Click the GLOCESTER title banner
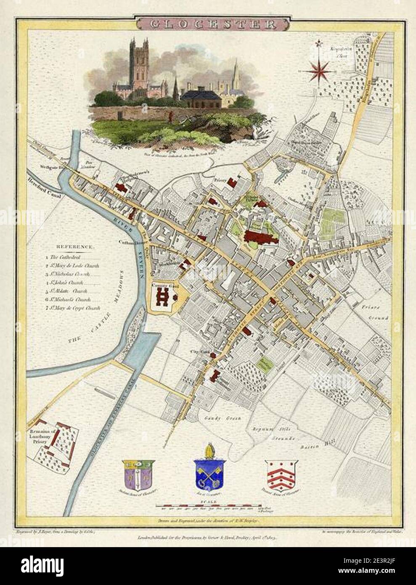click(x=208, y=24)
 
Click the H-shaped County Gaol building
click(x=162, y=298)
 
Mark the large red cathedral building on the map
click(x=260, y=238)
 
